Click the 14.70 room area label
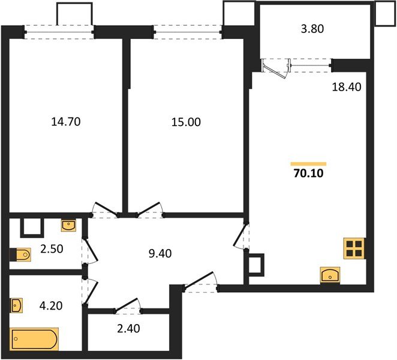[x=66, y=122]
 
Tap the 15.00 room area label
[x=186, y=122]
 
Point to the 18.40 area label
[x=346, y=88]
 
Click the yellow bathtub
[x=34, y=339]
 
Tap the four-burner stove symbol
[x=354, y=248]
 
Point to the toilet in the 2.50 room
[x=20, y=255]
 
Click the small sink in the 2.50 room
[x=70, y=226]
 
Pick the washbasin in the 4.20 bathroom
[x=17, y=305]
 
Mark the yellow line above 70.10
[x=308, y=163]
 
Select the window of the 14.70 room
[x=59, y=31]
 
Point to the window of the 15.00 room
[x=188, y=31]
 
